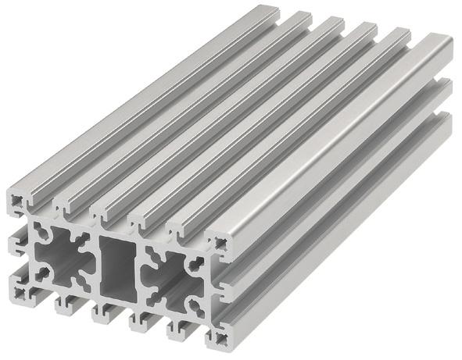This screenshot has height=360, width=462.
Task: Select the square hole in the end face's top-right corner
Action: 220,244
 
